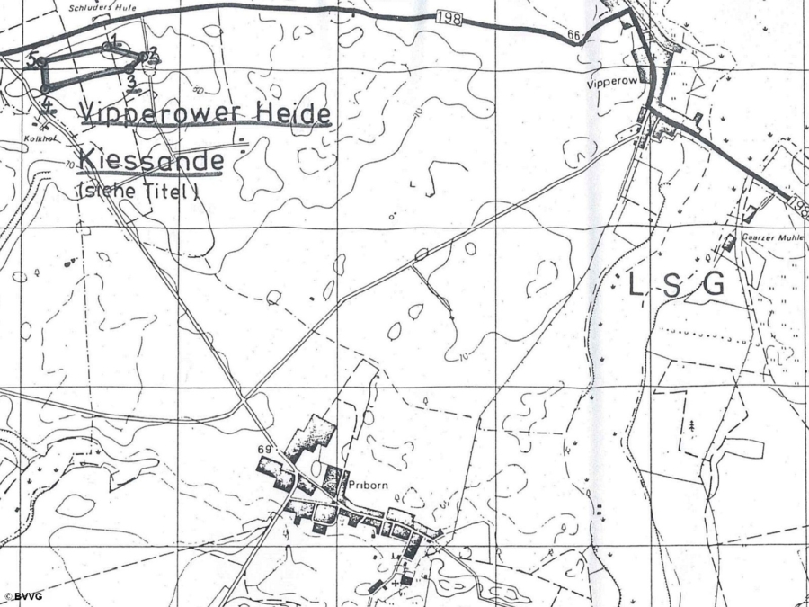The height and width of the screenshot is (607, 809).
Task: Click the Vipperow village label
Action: point(611,82)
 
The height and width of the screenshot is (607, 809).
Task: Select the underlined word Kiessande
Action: point(151,162)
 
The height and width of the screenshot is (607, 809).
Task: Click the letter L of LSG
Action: point(635,286)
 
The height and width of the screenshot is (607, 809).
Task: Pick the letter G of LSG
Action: point(714,286)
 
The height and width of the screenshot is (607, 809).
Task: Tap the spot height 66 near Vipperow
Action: point(573,35)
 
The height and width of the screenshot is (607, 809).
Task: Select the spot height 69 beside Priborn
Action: point(264,449)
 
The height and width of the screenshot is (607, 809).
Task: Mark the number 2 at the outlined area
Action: point(153,52)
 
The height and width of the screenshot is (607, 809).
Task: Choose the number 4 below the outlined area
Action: point(46,103)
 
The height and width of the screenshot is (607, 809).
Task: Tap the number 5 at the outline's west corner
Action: point(32,58)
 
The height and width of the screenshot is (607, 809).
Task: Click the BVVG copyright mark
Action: point(23,596)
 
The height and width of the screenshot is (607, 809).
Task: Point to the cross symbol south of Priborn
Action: point(394,583)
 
